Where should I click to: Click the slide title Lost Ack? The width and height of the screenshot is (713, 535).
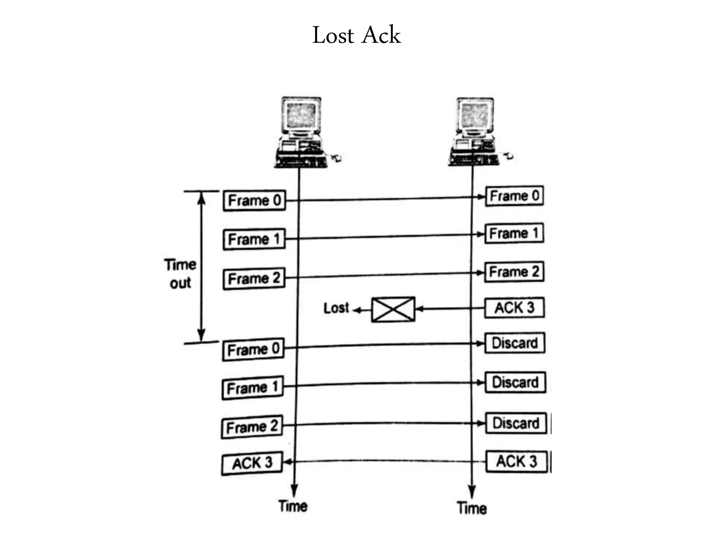tap(356, 35)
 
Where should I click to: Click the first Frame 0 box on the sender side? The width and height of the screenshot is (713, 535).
tap(254, 200)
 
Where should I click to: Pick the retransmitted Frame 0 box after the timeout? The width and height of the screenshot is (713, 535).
tap(253, 349)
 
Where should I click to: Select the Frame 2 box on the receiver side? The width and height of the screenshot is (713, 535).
tap(514, 272)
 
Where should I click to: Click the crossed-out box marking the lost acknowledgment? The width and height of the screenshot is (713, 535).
tap(393, 309)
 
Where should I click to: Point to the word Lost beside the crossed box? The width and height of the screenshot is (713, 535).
tap(336, 308)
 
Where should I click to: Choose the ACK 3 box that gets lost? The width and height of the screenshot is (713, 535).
tap(514, 308)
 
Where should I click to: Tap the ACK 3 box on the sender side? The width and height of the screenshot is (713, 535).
tap(252, 463)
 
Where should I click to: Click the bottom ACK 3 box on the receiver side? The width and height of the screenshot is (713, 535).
tap(516, 462)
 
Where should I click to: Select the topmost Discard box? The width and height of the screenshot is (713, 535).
tap(515, 343)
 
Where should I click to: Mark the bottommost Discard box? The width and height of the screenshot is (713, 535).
tap(516, 423)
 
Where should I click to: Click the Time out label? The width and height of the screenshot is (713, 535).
tap(180, 274)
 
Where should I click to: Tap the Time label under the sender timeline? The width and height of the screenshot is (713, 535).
tap(293, 506)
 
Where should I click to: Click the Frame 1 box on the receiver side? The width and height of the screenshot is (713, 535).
tap(514, 233)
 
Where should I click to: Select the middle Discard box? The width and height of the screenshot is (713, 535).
tap(515, 382)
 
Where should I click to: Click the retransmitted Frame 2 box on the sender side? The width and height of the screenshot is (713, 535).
tap(252, 427)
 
